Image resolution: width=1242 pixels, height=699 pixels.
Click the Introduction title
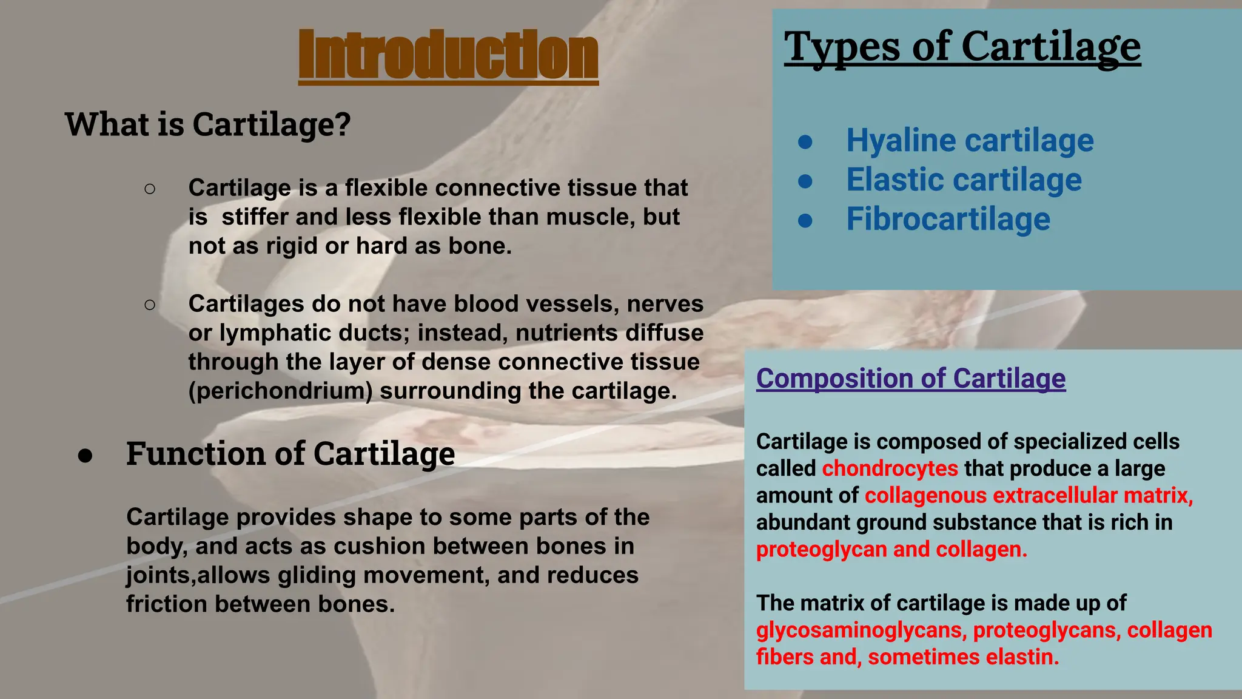[x=448, y=56]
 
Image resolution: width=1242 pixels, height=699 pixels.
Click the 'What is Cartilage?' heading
[x=207, y=124]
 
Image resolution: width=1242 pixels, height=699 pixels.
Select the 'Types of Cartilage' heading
[x=962, y=47]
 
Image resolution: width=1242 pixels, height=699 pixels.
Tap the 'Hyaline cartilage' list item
[x=969, y=141]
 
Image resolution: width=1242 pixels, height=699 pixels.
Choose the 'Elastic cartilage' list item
[x=963, y=180]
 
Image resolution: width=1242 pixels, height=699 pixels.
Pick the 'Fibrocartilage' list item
[x=947, y=219]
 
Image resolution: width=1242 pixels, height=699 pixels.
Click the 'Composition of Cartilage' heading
[x=910, y=379]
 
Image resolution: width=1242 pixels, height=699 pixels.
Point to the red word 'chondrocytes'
[x=890, y=468]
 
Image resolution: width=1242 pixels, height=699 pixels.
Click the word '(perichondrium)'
[x=280, y=391]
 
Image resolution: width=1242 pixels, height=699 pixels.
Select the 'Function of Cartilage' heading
[x=290, y=453]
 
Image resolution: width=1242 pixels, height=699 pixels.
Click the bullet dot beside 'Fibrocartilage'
[x=805, y=220]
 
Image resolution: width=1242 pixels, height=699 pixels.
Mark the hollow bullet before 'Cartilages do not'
[x=150, y=304]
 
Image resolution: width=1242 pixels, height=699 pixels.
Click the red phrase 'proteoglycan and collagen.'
[x=891, y=549]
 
